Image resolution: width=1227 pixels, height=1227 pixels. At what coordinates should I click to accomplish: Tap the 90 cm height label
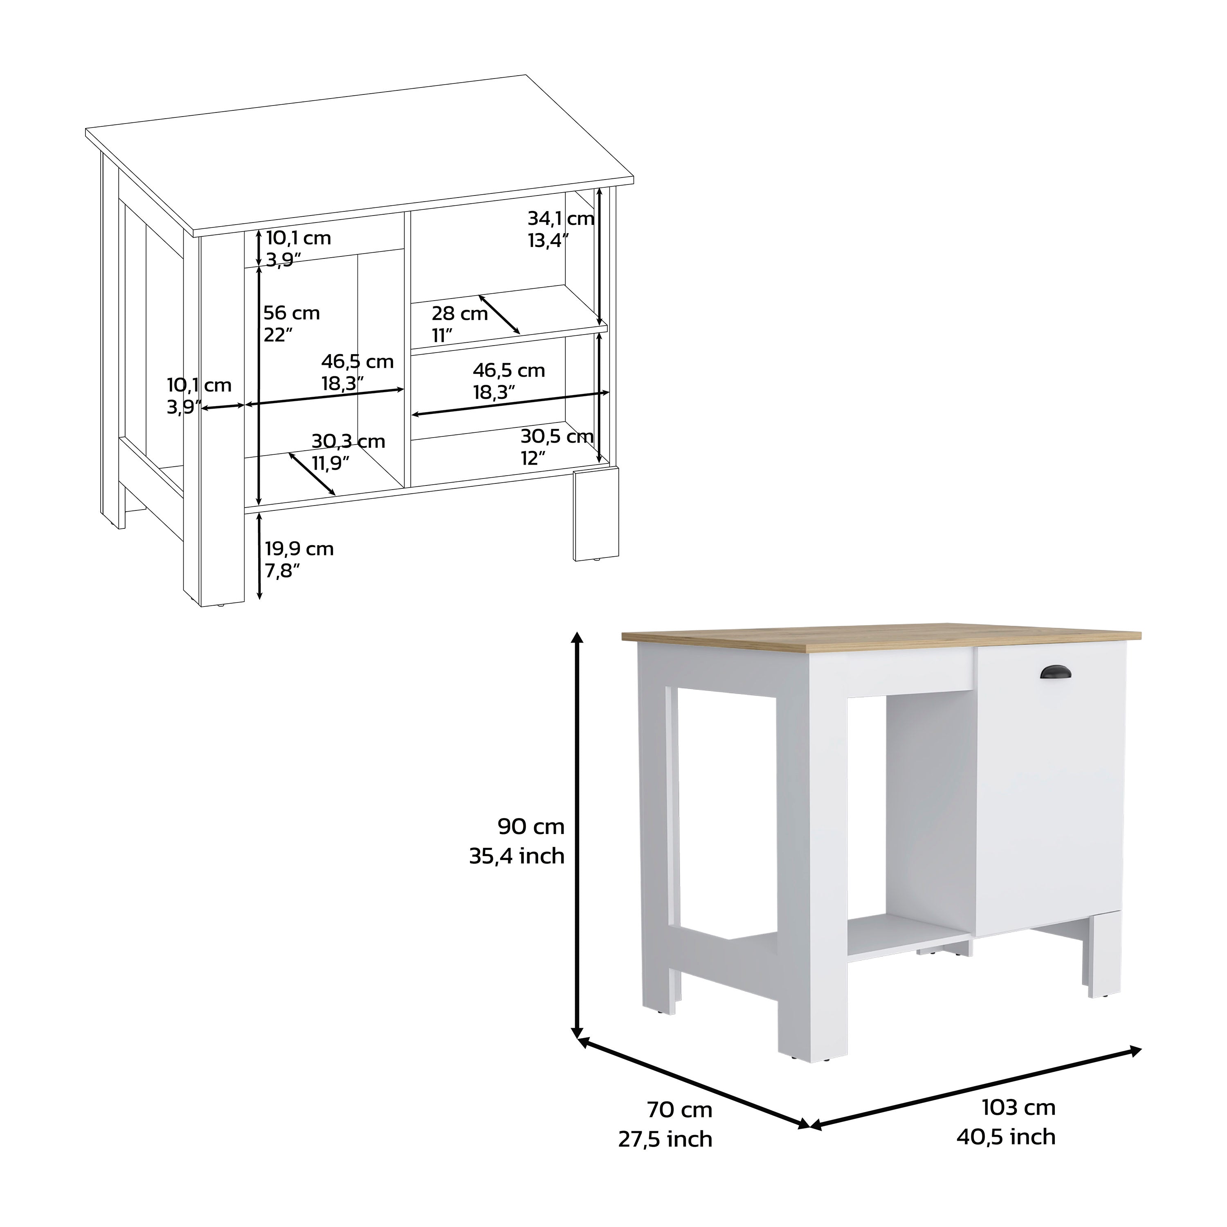pos(531,826)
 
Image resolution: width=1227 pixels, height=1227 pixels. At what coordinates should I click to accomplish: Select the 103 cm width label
pos(1018,1107)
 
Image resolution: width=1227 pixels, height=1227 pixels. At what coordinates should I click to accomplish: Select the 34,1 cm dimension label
pos(561,218)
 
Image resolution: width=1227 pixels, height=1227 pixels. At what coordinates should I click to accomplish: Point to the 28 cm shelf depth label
pos(460,313)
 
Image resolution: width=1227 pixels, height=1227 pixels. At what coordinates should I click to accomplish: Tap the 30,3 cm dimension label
pos(348,441)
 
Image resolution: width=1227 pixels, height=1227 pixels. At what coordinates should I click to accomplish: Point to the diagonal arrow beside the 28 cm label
pos(499,314)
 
